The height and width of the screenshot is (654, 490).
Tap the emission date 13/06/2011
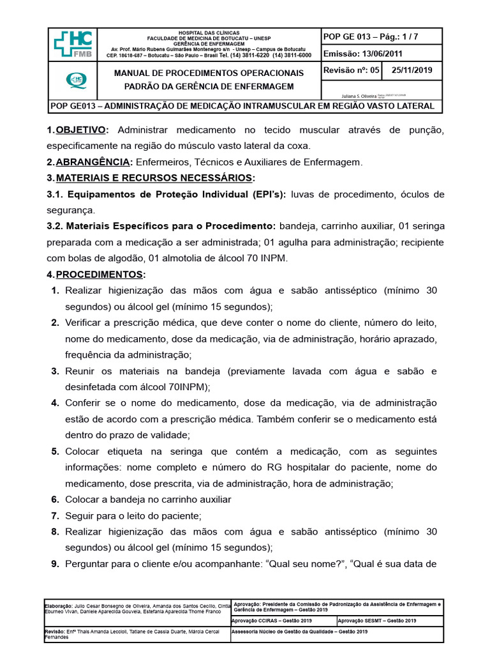click(381, 54)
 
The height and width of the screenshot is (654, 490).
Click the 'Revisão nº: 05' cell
click(352, 71)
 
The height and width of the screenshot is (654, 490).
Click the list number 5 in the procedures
click(55, 452)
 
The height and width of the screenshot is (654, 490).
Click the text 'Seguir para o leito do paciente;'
click(133, 515)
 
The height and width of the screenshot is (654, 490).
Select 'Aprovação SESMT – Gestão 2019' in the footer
click(376, 620)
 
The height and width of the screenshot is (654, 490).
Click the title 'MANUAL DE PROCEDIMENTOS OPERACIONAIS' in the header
click(209, 73)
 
